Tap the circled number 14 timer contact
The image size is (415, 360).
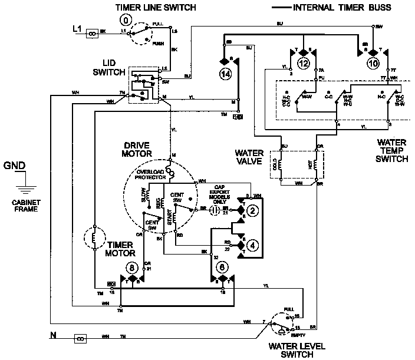(226, 74)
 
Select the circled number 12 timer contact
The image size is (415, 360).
(304, 62)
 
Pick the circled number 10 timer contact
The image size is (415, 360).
(374, 62)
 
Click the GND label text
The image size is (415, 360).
(15, 166)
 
